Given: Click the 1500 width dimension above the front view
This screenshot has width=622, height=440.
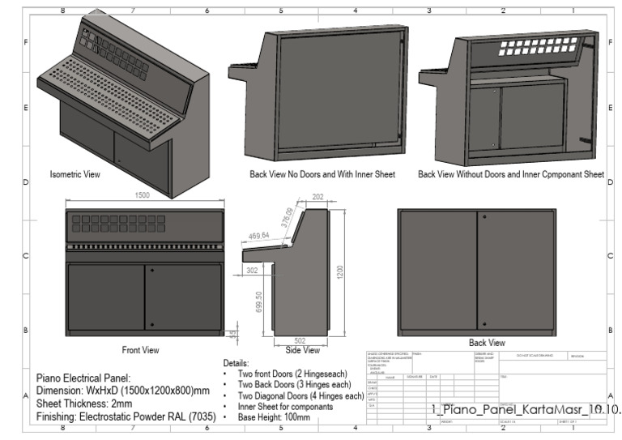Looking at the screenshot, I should click(x=143, y=195).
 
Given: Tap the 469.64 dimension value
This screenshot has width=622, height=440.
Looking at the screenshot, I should click(x=258, y=237).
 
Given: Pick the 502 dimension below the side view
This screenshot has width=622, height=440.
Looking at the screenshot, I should click(x=300, y=340).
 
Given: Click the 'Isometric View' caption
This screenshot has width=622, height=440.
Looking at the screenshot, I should click(x=75, y=174).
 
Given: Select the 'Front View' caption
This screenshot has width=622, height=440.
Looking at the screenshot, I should click(x=140, y=350).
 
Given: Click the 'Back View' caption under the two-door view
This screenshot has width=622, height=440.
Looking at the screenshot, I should click(x=487, y=343).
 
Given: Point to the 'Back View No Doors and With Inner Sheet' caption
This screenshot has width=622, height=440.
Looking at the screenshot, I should click(x=322, y=174).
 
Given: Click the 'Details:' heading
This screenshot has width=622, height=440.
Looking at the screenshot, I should click(x=235, y=364).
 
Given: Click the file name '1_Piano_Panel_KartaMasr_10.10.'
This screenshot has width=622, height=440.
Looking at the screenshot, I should click(x=526, y=410).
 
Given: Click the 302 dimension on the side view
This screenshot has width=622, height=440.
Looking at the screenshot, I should click(x=252, y=270).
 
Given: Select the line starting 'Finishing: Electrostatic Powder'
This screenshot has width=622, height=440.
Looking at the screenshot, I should click(x=123, y=416).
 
